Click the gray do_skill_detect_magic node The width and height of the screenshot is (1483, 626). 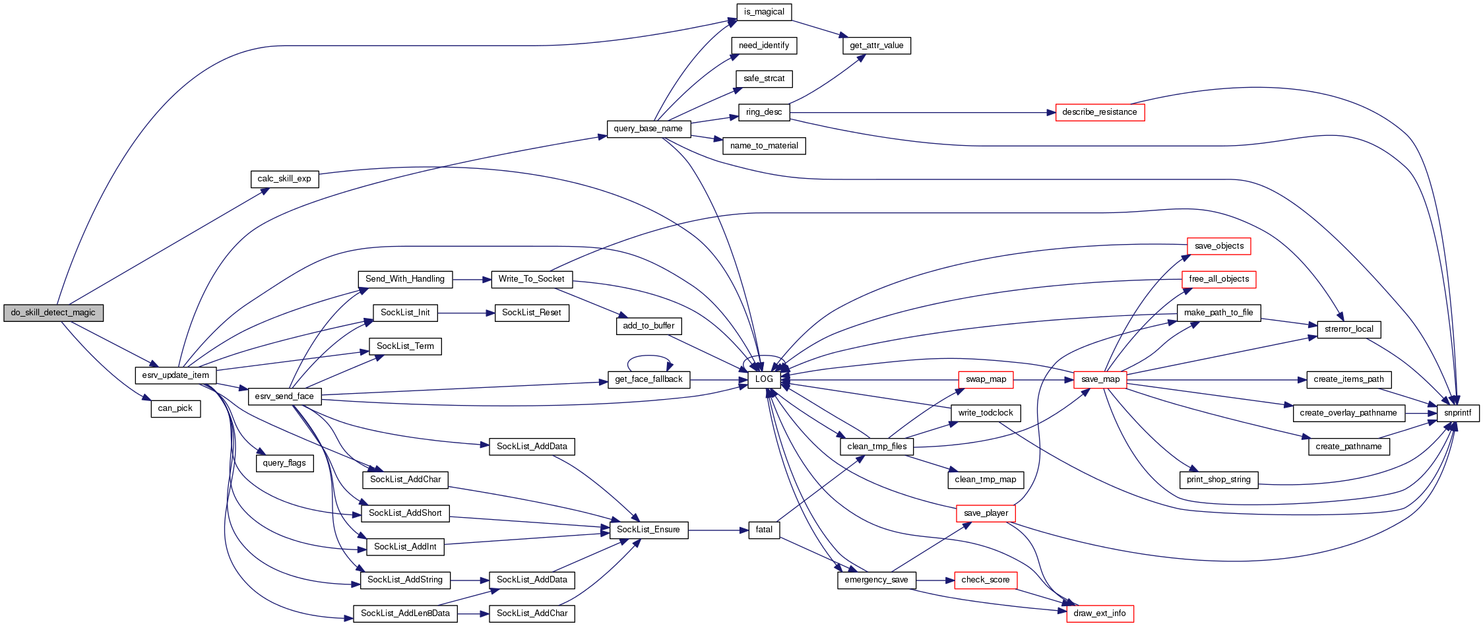tap(53, 313)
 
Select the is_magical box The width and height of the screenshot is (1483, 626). tap(764, 12)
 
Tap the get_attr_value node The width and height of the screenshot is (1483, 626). tap(876, 46)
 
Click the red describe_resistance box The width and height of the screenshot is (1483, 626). tap(1099, 112)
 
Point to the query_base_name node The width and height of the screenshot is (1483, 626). tap(648, 129)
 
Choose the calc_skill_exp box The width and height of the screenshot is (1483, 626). tap(284, 179)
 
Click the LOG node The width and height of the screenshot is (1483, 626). tap(764, 379)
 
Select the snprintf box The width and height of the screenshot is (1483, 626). tap(1457, 413)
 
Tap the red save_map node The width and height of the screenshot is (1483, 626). tap(1100, 379)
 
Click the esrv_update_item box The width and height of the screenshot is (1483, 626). tap(175, 375)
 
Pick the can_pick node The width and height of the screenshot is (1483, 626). tap(175, 408)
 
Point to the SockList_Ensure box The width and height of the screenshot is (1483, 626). tap(648, 530)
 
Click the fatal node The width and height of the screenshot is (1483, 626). tap(764, 530)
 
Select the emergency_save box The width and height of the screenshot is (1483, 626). tap(876, 580)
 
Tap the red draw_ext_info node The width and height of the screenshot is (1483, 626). tap(1099, 613)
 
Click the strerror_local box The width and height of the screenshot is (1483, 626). tap(1348, 329)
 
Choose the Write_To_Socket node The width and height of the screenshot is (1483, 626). tap(531, 279)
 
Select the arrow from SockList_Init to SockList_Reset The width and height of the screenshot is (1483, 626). tap(466, 313)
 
